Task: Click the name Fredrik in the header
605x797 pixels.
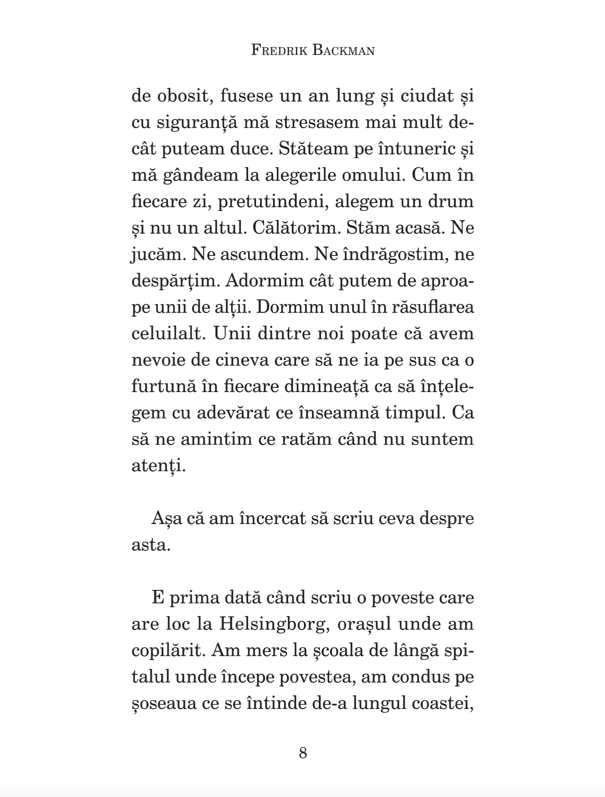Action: coord(279,51)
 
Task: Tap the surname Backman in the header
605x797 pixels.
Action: coord(343,51)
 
